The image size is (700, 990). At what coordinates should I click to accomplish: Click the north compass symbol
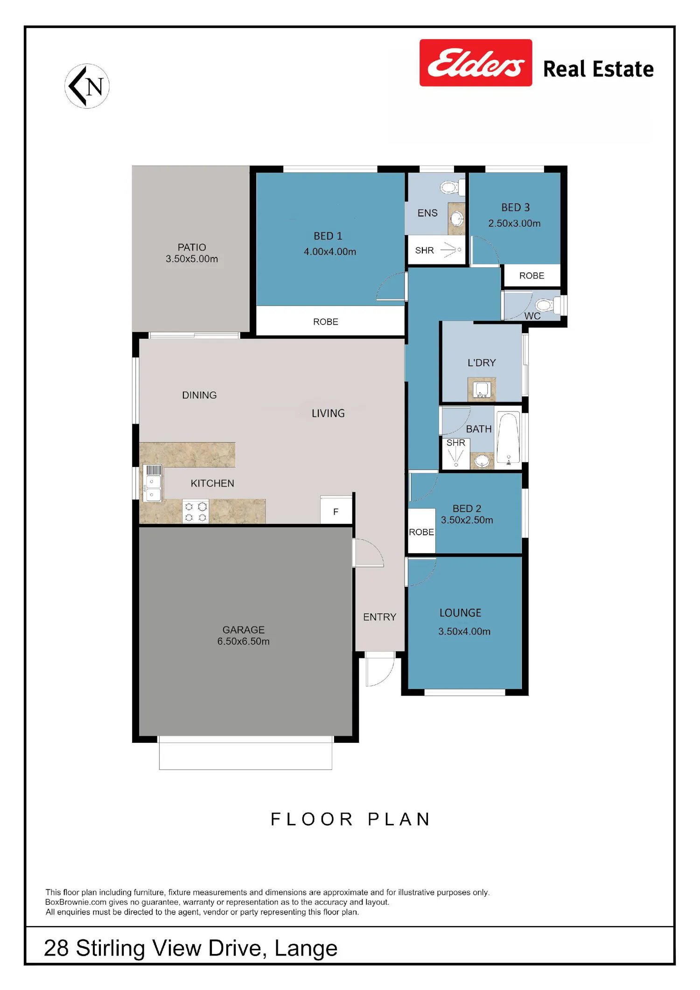click(x=87, y=86)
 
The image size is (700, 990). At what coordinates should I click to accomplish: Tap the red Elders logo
click(x=476, y=63)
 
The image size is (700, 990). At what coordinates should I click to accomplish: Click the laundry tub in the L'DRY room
click(x=482, y=389)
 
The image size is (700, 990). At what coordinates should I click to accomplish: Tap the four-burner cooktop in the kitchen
click(x=196, y=512)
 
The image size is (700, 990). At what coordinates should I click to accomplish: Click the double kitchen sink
click(x=153, y=483)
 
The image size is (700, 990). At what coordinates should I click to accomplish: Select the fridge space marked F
click(x=336, y=511)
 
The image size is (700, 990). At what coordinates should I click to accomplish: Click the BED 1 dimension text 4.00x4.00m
click(x=330, y=252)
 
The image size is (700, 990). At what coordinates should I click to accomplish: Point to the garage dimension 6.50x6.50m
click(x=243, y=641)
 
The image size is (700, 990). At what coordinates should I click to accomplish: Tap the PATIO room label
click(x=192, y=247)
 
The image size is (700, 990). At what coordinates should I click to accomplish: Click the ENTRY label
click(x=379, y=617)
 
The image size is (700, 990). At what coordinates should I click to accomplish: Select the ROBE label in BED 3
click(x=532, y=276)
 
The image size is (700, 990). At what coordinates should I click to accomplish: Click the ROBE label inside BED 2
click(x=421, y=532)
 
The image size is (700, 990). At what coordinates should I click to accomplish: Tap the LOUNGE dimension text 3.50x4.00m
click(x=464, y=632)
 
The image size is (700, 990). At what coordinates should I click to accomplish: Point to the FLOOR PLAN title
click(x=350, y=819)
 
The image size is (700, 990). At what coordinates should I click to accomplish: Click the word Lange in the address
click(x=306, y=948)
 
